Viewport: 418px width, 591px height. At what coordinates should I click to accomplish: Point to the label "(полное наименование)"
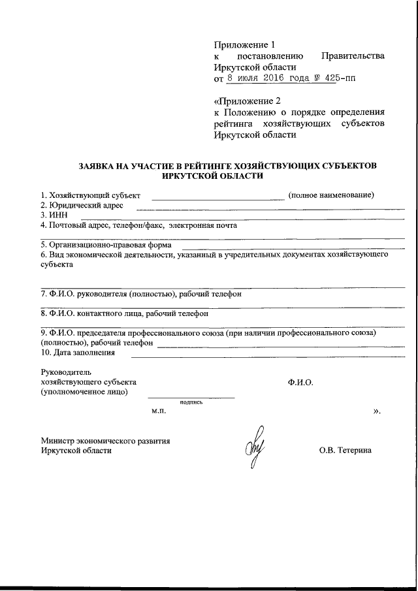pyautogui.click(x=330, y=195)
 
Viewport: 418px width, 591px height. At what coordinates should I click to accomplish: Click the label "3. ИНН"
pyautogui.click(x=52, y=214)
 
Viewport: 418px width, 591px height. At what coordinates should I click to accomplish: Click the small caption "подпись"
pyautogui.click(x=191, y=402)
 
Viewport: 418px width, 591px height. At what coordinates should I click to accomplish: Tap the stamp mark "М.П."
pyautogui.click(x=159, y=412)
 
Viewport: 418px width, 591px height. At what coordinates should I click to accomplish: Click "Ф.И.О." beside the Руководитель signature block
pyautogui.click(x=300, y=382)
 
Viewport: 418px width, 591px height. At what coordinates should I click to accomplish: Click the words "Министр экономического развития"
pyautogui.click(x=105, y=441)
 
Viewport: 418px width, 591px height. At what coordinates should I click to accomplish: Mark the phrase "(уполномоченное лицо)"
pyautogui.click(x=84, y=392)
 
